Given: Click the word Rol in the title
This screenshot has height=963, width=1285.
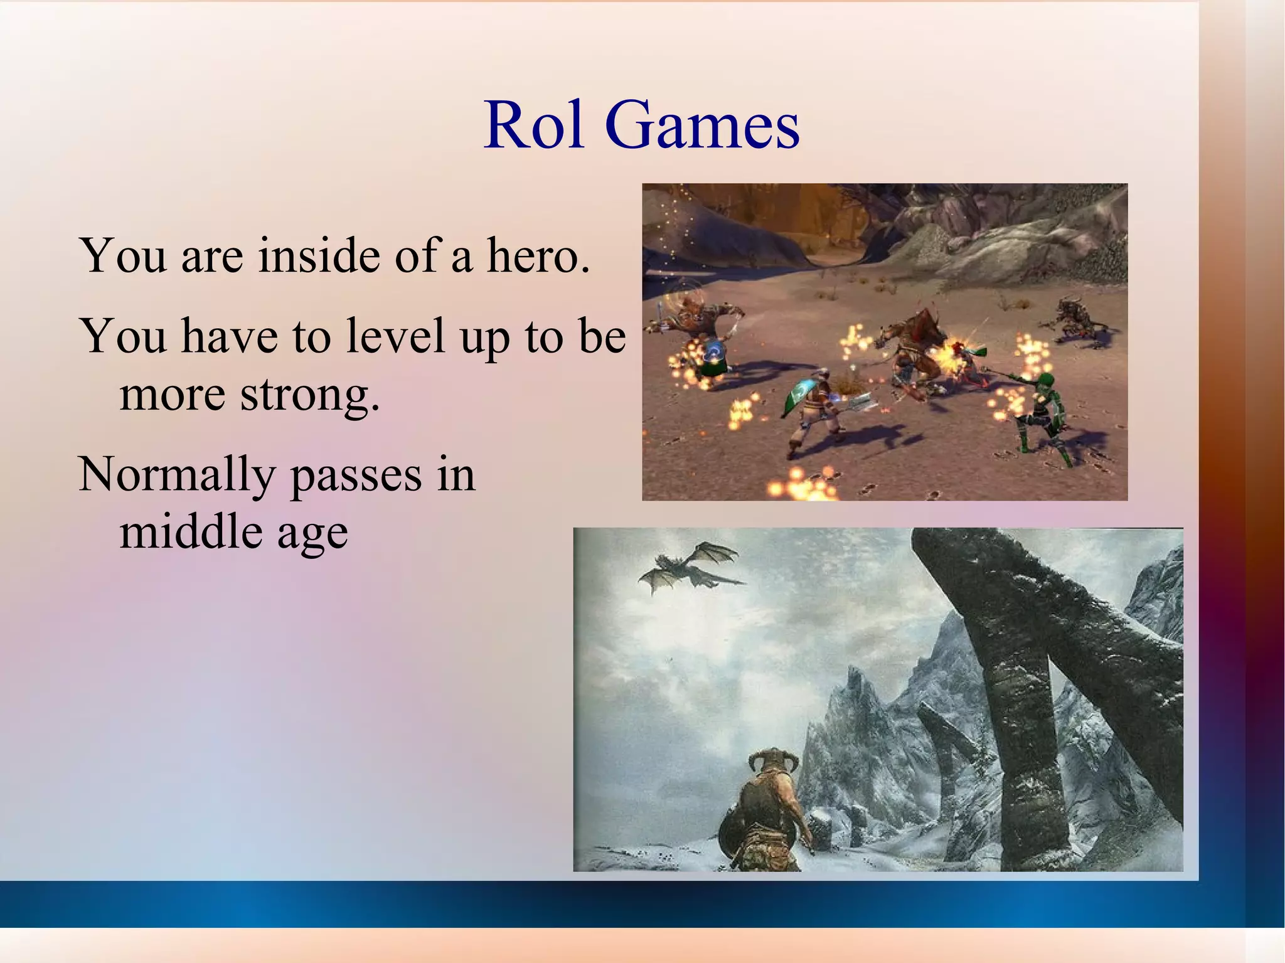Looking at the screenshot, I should click(x=534, y=125).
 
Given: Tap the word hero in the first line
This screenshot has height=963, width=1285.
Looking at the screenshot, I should click(x=538, y=256).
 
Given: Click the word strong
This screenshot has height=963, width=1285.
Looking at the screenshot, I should click(x=311, y=395).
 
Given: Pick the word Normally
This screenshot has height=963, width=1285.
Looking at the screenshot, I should click(x=178, y=475).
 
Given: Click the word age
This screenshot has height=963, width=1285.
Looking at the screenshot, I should click(x=312, y=535).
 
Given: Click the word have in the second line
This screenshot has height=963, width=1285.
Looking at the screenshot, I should click(x=230, y=336).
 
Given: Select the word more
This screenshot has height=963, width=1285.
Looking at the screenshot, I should click(x=173, y=395).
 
